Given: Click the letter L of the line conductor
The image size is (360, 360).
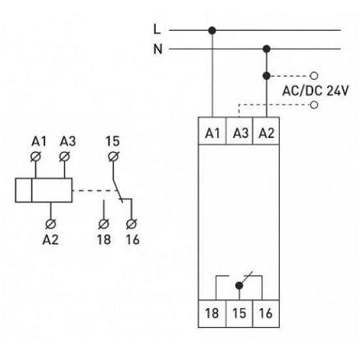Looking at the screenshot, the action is pos(157,29).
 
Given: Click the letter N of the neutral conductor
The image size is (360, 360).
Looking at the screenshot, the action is pos(158,49).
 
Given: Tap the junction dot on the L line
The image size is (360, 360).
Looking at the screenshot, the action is pos(212,30).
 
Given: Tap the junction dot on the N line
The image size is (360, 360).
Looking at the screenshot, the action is pos(266,49).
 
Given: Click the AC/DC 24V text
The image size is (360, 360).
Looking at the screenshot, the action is pos(315,90).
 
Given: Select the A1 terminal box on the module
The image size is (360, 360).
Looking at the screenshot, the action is pos(212,131).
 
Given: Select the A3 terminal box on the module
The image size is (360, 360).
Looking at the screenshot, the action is pos(239,131).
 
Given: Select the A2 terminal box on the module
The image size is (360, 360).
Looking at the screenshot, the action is pos(266,131).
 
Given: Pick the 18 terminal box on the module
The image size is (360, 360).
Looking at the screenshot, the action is pos(212,314).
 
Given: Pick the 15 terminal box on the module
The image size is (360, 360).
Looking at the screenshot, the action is pos(239,314).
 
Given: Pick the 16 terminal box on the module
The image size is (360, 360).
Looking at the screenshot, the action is pos(266,314).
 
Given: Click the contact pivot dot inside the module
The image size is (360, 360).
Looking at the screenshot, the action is pos(239,285).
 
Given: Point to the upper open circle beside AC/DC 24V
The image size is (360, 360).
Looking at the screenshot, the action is pos(314,75).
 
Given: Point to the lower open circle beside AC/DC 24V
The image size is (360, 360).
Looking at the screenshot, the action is pos(314,105).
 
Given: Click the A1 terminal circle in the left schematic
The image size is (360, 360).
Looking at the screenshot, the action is pos(35,157).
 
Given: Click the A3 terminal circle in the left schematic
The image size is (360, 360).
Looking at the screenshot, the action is pos(64,157).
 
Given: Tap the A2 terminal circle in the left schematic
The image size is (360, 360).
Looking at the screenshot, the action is pos(50,224).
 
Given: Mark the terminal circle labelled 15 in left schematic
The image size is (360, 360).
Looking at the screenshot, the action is pos(113,157).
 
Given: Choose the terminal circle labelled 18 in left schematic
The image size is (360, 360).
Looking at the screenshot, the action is pos(103,224).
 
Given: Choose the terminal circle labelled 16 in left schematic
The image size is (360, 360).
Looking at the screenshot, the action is pos(132,224).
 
